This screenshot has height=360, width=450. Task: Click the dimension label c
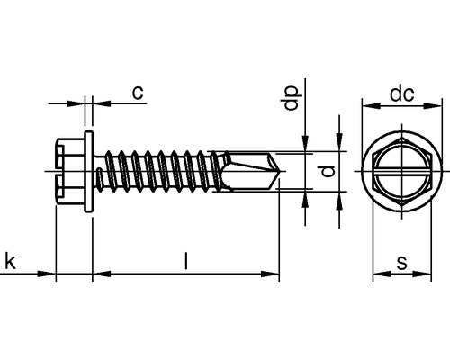[x=138, y=92]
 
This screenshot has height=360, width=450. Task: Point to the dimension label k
[x=10, y=262]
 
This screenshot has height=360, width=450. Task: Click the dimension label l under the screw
[x=185, y=262]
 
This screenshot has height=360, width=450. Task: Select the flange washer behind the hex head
[x=90, y=168]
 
